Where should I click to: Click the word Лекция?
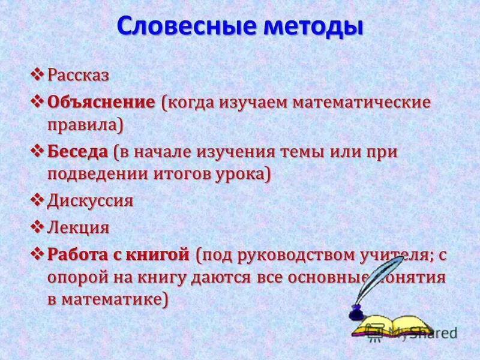[79, 227]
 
